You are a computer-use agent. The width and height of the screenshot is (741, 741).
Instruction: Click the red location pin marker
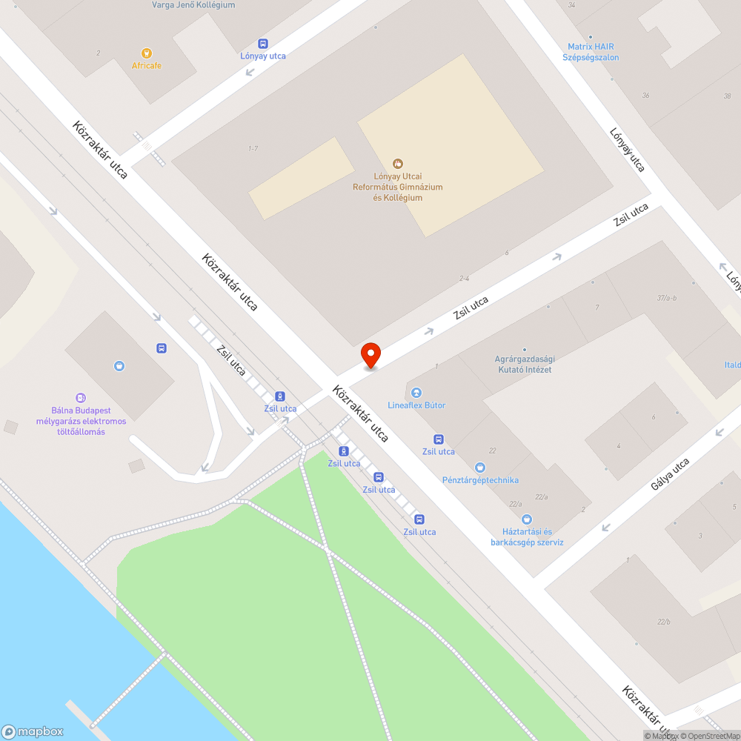tap(370, 355)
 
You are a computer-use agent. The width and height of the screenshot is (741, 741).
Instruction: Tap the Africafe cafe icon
tap(147, 53)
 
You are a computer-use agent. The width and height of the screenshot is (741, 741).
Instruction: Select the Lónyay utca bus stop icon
tap(263, 44)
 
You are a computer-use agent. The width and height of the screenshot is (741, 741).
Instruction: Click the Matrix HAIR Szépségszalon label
tap(591, 52)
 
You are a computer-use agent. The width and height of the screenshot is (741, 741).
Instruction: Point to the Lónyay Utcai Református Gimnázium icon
tap(398, 163)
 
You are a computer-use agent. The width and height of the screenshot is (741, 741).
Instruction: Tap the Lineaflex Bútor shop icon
tap(416, 393)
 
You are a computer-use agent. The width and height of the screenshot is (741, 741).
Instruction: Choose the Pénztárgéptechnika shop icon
tap(481, 467)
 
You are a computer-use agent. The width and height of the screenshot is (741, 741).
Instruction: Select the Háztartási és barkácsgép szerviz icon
tap(527, 519)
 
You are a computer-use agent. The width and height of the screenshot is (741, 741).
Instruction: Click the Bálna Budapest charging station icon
tap(81, 399)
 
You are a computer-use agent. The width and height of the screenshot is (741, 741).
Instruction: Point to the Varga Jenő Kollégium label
tap(193, 5)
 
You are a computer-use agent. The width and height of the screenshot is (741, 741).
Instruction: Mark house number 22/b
tap(663, 622)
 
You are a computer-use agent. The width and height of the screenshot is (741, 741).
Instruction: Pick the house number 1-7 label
tap(253, 149)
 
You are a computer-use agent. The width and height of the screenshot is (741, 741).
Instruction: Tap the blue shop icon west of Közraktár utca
tap(119, 365)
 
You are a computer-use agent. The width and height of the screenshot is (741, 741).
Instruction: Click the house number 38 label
tap(727, 96)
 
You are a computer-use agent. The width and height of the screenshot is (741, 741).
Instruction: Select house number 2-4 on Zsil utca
tap(465, 279)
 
